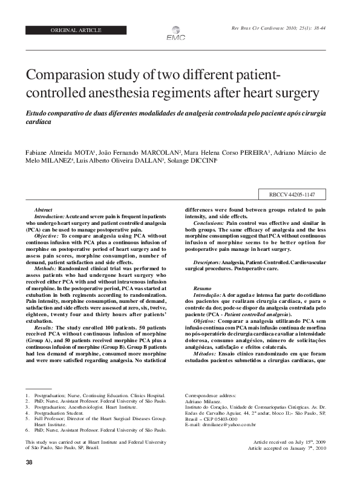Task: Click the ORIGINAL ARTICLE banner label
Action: [x=76, y=30]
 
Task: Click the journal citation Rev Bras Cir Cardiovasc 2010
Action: [x=278, y=28]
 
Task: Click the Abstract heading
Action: [x=44, y=208]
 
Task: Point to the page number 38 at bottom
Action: [x=29, y=462]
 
